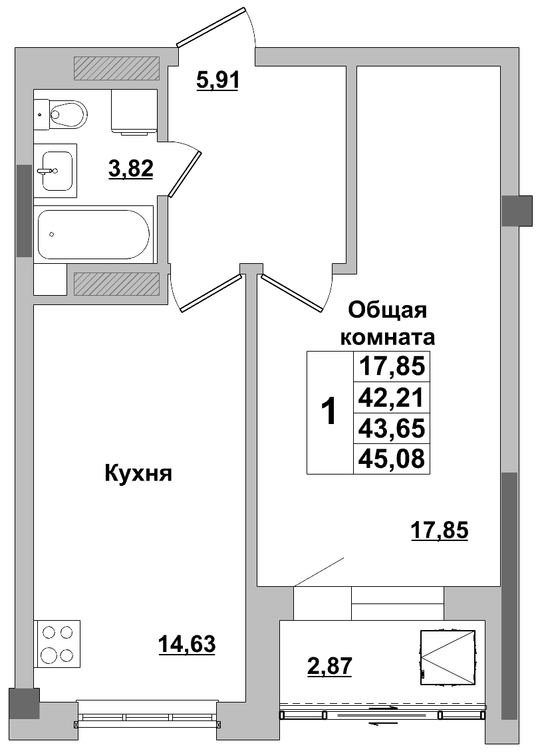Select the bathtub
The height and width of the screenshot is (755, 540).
[x=94, y=233]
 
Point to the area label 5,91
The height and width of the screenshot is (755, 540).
[x=217, y=80]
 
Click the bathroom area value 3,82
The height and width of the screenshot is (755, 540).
[x=131, y=169]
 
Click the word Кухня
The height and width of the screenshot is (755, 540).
[x=138, y=473]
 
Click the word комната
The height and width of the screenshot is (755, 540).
[x=387, y=337]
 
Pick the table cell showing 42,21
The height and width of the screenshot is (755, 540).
[x=391, y=397]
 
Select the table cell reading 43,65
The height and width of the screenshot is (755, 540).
[x=391, y=428]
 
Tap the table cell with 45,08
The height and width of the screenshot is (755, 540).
[x=391, y=459]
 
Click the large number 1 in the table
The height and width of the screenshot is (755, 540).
[x=329, y=412]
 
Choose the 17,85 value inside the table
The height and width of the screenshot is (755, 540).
[x=391, y=366]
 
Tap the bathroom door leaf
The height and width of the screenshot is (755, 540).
[x=185, y=173]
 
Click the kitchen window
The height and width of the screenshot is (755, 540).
[x=147, y=717]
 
